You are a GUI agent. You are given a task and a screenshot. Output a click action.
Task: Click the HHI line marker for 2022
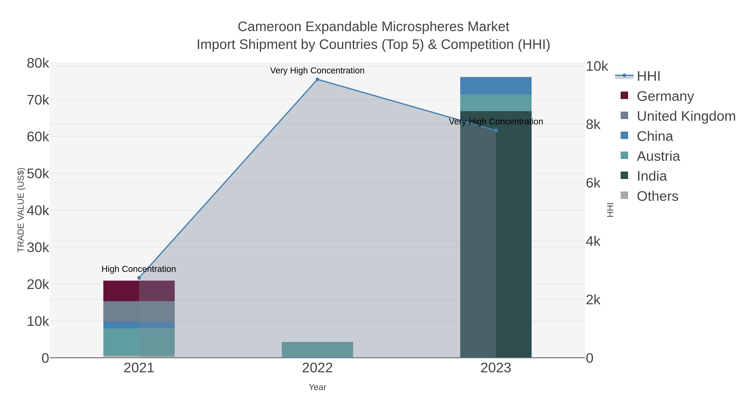(317, 79)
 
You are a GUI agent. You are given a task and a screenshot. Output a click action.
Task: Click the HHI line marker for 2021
(139, 278)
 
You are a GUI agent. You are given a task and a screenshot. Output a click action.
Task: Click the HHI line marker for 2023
(496, 131)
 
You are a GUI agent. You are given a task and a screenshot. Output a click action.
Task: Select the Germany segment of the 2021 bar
(139, 291)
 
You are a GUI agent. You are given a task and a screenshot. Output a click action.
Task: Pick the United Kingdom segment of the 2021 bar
(139, 311)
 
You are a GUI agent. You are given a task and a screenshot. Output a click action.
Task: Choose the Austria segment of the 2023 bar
(496, 103)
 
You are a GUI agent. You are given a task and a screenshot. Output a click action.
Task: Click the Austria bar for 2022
(317, 350)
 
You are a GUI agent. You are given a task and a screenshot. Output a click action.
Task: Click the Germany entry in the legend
(665, 96)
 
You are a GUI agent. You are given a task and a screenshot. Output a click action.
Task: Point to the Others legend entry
(657, 196)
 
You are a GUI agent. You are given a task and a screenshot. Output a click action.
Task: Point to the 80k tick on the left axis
(38, 63)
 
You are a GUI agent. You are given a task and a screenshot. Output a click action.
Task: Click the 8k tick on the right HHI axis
(593, 125)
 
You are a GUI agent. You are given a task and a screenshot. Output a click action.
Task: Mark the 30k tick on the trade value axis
(38, 248)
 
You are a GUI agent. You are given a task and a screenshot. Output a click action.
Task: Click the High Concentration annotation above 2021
(139, 269)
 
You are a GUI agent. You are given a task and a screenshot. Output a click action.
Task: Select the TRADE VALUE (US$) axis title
(21, 210)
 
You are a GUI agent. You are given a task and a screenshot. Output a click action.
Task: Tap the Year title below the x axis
(317, 387)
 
